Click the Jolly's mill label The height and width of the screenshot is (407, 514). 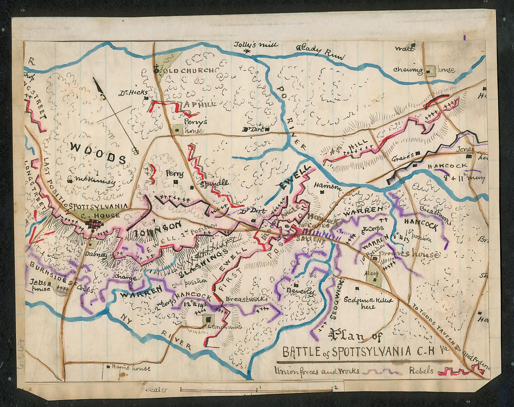(x=256, y=45)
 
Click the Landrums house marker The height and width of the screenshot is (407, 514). (x=208, y=319)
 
